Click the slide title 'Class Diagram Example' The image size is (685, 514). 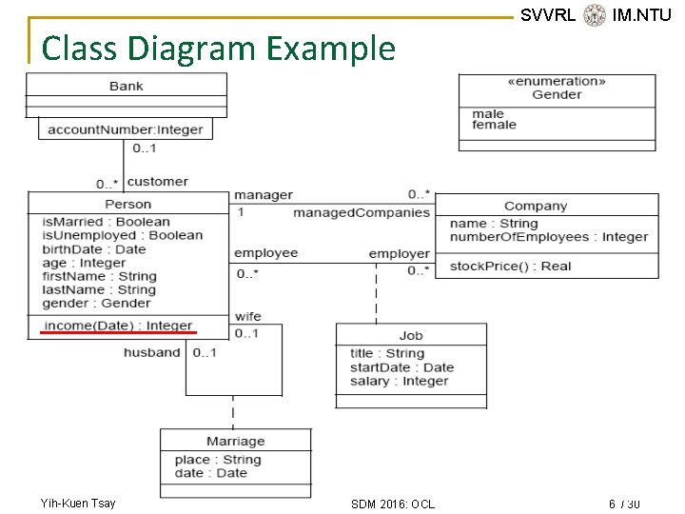pyautogui.click(x=219, y=48)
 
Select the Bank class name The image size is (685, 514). pyautogui.click(x=126, y=86)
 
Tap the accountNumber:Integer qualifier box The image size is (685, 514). pyautogui.click(x=126, y=129)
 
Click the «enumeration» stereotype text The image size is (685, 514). pyautogui.click(x=557, y=82)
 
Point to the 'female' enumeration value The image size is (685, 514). pyautogui.click(x=494, y=125)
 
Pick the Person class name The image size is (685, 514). pyautogui.click(x=127, y=204)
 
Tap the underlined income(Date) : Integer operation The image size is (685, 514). pyautogui.click(x=118, y=326)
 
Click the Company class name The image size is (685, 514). pyautogui.click(x=536, y=206)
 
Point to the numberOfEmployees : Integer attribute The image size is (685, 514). pyautogui.click(x=549, y=237)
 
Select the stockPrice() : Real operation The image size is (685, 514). pyautogui.click(x=510, y=267)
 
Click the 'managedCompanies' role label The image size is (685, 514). pyautogui.click(x=362, y=212)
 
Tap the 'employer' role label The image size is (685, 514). pyautogui.click(x=400, y=253)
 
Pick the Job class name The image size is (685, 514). pyautogui.click(x=411, y=335)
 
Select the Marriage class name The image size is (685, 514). pyautogui.click(x=235, y=441)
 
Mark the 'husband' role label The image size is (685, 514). pyautogui.click(x=151, y=352)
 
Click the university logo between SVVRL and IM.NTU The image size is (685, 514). pyautogui.click(x=595, y=14)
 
